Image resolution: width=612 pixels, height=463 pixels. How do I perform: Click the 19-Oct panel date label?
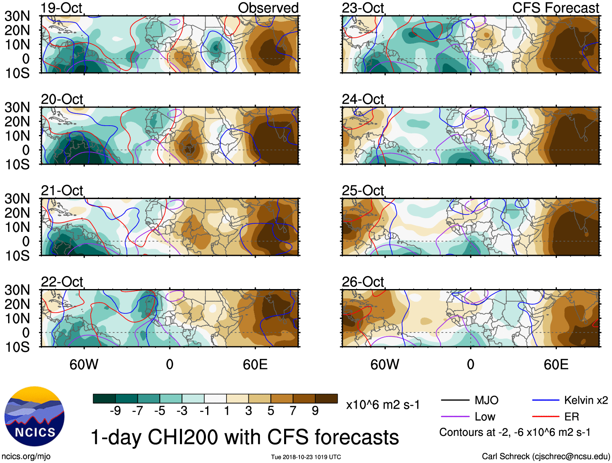(x=62, y=8)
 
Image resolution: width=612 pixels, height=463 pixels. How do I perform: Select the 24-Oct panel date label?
(x=363, y=99)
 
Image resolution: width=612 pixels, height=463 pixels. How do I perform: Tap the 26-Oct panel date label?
(x=363, y=281)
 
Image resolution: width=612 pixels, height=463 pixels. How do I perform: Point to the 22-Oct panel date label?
(x=62, y=281)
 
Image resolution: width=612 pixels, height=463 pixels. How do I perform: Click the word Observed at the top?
(x=268, y=8)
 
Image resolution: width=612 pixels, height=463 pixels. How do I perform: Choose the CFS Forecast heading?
(x=555, y=8)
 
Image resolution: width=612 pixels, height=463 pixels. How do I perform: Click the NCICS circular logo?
(x=34, y=416)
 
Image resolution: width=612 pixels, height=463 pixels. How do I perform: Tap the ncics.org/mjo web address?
(x=26, y=457)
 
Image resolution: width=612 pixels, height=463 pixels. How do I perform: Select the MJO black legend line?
(x=455, y=401)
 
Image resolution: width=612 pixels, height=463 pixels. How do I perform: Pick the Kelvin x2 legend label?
(x=586, y=401)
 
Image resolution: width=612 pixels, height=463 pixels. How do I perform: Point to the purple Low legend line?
(x=455, y=416)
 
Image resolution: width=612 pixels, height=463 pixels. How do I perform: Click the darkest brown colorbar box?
(x=326, y=399)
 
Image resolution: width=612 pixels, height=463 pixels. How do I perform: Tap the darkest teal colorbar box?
(x=104, y=399)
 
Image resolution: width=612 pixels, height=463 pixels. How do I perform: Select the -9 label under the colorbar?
(x=115, y=411)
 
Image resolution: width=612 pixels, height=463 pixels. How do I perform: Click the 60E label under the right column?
(x=556, y=364)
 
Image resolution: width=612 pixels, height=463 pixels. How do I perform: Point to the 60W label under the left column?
(x=84, y=364)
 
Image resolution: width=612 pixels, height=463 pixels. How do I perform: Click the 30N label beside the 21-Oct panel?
(x=17, y=199)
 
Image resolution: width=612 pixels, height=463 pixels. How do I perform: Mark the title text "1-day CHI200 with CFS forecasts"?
(x=244, y=437)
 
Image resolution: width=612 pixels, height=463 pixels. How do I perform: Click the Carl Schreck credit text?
(x=546, y=457)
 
